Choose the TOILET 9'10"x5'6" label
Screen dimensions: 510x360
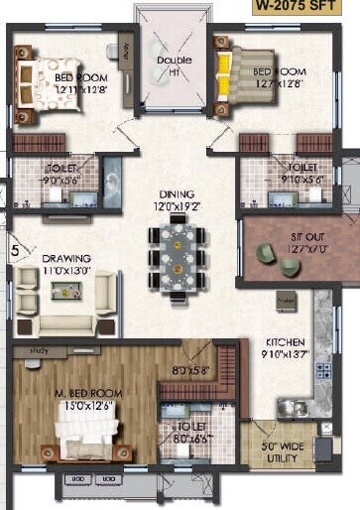[x=298, y=175]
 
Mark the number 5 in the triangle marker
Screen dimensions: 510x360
[x=15, y=251]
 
